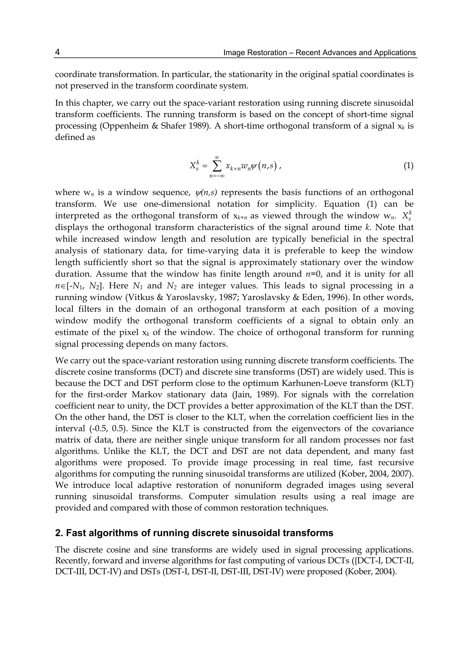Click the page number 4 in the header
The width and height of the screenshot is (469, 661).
(57, 52)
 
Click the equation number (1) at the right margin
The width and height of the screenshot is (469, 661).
(408, 166)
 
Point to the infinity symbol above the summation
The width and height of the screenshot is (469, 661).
(217, 157)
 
